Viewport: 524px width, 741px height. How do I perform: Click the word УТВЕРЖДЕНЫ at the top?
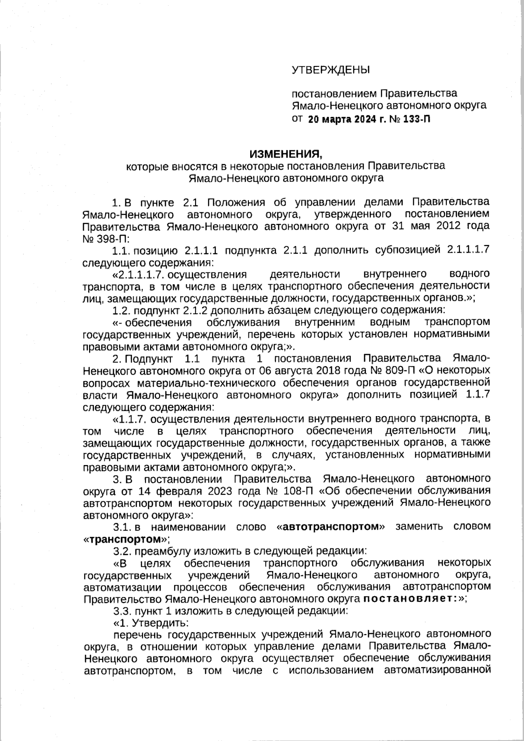(x=330, y=69)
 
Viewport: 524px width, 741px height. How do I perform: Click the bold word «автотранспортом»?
(x=331, y=527)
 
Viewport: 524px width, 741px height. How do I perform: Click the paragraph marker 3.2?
(x=120, y=550)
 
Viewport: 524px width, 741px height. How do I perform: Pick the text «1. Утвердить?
(x=151, y=622)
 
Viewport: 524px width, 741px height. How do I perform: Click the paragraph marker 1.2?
(x=120, y=310)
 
